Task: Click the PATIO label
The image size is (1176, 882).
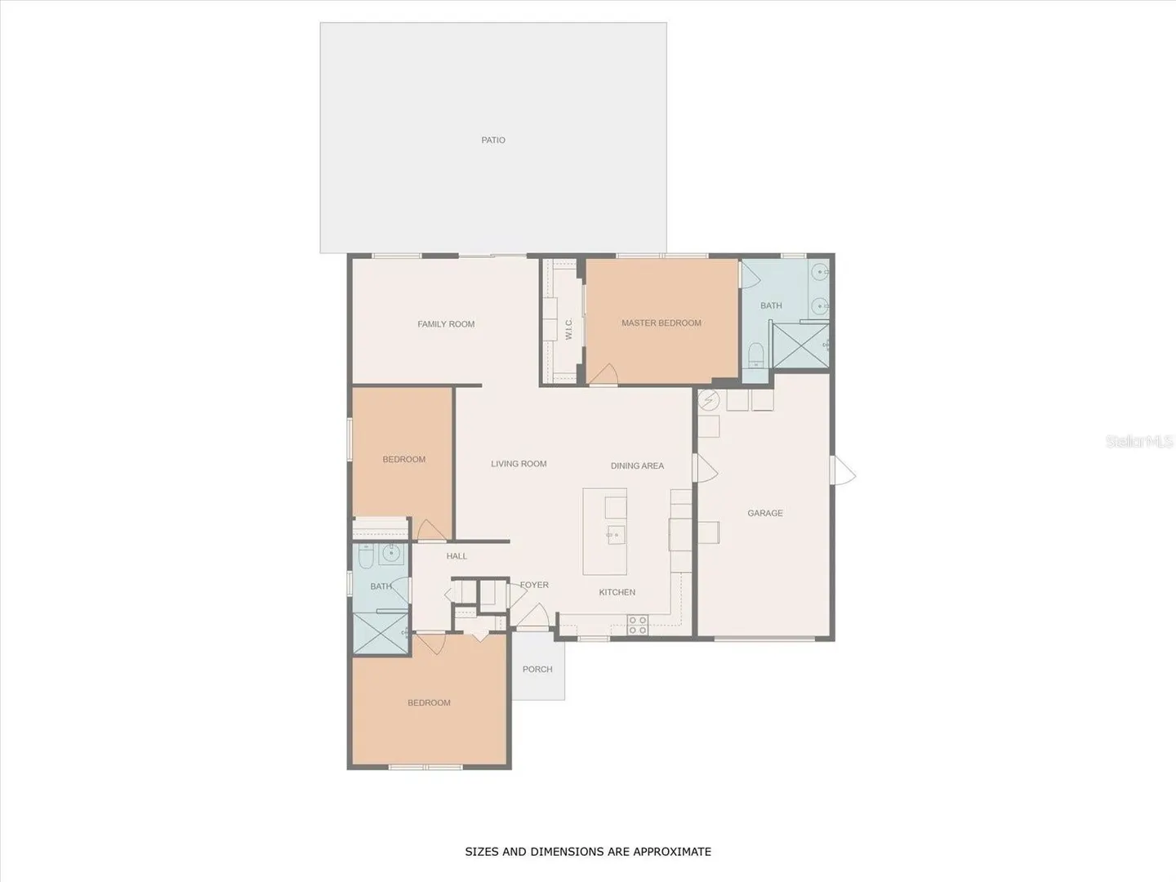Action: [x=493, y=140]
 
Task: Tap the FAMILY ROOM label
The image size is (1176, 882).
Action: [x=446, y=324]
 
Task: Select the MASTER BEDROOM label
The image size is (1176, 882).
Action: [x=661, y=323]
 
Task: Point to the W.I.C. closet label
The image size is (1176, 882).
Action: [x=568, y=329]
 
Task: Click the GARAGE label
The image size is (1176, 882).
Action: [x=765, y=513]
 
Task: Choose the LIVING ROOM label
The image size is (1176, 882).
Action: [x=519, y=464]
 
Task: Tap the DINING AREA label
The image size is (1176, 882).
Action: [x=637, y=465]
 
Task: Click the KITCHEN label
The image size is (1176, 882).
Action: [x=617, y=592]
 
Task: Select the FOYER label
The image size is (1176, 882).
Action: [x=534, y=585]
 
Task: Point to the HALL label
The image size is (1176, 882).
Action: [x=457, y=556]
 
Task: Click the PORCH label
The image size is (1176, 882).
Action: [x=537, y=670]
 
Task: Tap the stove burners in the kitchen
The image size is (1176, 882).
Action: [x=638, y=625]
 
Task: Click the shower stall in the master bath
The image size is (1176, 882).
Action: [x=801, y=345]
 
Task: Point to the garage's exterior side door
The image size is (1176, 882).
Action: [x=843, y=470]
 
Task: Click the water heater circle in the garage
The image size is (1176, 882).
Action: [x=708, y=399]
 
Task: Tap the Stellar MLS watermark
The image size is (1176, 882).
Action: [x=1139, y=441]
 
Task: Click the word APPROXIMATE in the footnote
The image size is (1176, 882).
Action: [x=672, y=852]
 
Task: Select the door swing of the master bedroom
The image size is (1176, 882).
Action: [x=604, y=374]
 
